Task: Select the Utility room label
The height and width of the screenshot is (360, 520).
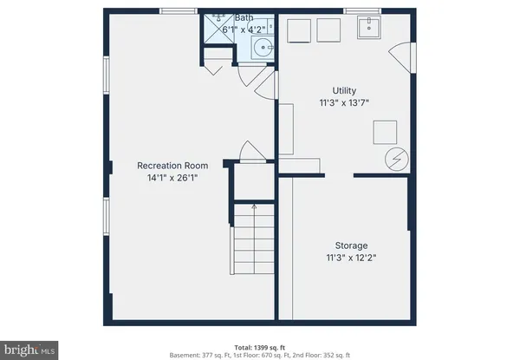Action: coord(345,90)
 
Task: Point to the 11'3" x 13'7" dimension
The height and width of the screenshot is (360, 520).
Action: coord(345,103)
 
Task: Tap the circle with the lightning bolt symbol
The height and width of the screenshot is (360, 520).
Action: coord(396,159)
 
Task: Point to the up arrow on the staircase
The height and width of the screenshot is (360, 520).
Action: coord(253,207)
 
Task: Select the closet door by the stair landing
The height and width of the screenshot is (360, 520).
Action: coord(252,154)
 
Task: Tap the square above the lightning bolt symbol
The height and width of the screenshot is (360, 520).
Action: coord(386,131)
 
